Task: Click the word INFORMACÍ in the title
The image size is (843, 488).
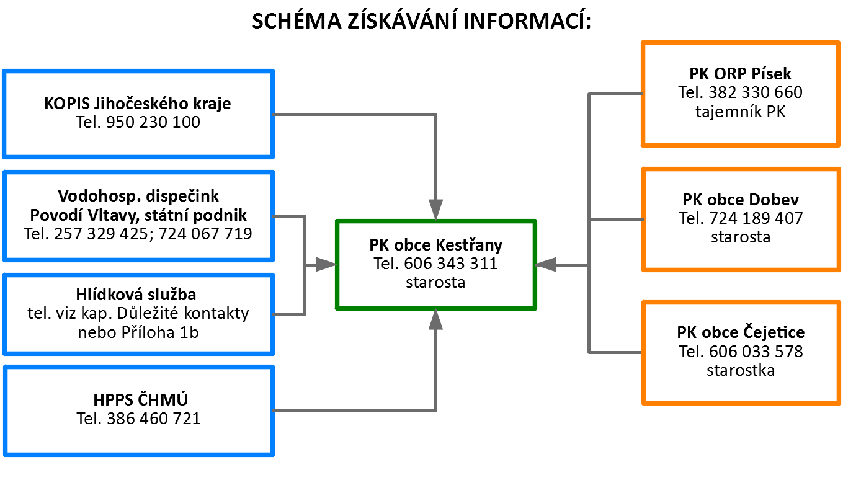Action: tap(527, 20)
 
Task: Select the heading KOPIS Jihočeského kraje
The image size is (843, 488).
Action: tap(138, 104)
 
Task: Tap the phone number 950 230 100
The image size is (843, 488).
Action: tap(153, 122)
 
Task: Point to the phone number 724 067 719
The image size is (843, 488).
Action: tap(205, 234)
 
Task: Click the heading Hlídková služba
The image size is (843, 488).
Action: tap(136, 295)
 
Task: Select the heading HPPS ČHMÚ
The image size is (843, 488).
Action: tap(141, 399)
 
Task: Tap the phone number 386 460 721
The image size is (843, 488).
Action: tap(154, 419)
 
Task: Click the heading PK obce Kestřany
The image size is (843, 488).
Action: tap(436, 245)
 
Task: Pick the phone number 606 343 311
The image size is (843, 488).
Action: tap(451, 264)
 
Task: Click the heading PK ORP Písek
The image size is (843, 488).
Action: tap(740, 74)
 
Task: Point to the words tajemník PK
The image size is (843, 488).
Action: tap(740, 112)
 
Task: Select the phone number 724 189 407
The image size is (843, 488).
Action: tap(756, 218)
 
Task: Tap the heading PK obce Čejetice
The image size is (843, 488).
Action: tap(741, 332)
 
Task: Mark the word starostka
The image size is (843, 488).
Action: tap(741, 370)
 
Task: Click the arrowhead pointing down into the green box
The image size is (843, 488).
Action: tap(436, 210)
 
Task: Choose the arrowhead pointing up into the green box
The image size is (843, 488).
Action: tap(436, 319)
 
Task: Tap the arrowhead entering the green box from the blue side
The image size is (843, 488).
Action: tap(326, 265)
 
